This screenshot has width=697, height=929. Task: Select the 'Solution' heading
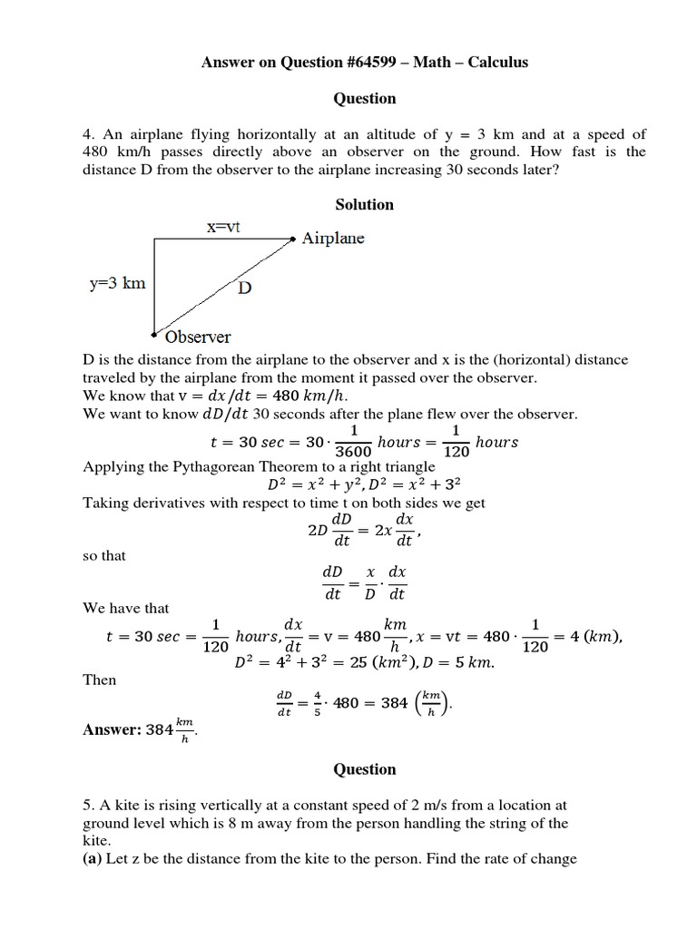[364, 204]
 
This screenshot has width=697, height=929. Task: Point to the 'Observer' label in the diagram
[198, 337]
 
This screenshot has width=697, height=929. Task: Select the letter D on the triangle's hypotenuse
[245, 288]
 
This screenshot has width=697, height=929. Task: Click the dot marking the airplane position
[292, 240]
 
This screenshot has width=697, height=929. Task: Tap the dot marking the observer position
[154, 333]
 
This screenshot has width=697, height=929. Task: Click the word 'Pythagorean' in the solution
[211, 467]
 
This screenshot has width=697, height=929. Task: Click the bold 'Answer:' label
[113, 729]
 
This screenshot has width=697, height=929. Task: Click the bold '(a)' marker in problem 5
[93, 858]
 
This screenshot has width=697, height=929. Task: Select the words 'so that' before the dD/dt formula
[104, 555]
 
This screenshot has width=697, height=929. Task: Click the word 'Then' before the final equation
[99, 679]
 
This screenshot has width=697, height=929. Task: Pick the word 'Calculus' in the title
[496, 62]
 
